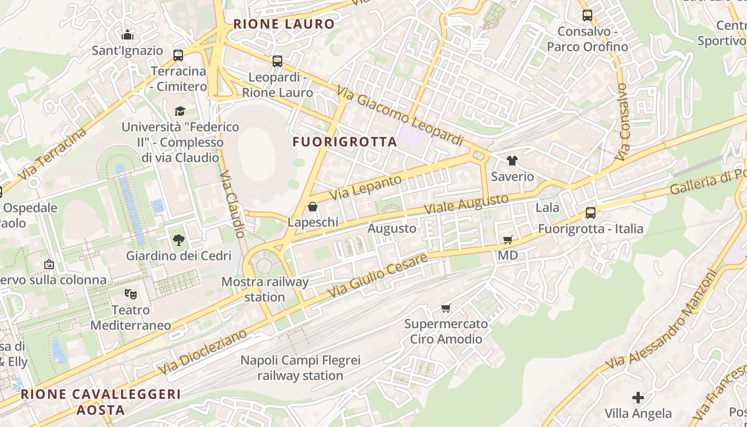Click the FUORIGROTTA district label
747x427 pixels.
pos(345,142)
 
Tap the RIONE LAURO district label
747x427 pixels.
pos(283,24)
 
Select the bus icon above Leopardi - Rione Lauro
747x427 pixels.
pos(277,61)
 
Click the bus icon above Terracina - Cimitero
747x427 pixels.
pos(178,55)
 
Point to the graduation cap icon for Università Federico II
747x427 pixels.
pos(180,111)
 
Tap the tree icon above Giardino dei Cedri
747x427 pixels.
pos(179,240)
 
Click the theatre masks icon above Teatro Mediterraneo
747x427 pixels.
pos(130,294)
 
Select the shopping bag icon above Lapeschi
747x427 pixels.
pos(313,207)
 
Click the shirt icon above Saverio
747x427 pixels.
pos(512,161)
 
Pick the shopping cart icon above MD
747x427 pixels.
pos(507,240)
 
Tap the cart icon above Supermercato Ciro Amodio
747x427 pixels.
pos(446,309)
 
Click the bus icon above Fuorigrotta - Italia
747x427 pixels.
pos(590,213)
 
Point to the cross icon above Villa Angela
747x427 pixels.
pos(638,398)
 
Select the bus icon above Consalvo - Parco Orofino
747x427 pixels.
pos(587,15)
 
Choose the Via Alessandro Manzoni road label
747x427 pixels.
pos(662,320)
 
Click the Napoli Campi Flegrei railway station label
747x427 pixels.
pos(300,368)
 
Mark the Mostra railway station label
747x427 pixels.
pos(265,289)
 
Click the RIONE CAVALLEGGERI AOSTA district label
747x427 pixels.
pos(100,402)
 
